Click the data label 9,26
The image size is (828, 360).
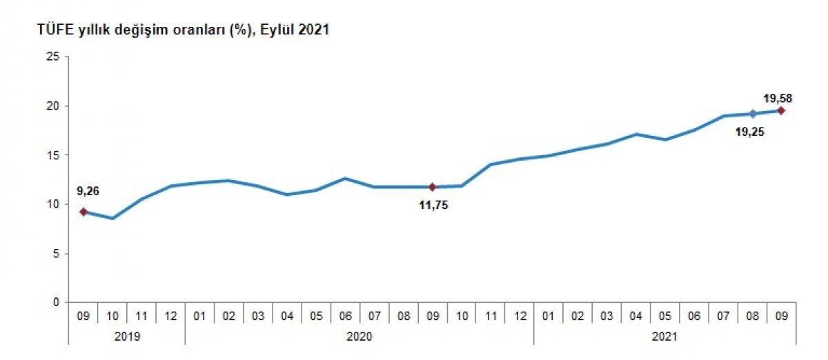coord(88,192)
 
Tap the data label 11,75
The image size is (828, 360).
coord(433,205)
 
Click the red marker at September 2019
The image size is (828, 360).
coord(83,212)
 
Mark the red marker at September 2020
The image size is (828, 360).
coord(432,187)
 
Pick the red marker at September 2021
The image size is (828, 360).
coord(781,110)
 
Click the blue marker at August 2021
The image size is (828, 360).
coord(752,114)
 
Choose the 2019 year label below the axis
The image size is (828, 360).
coord(127,337)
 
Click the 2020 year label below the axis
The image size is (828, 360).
coord(359,337)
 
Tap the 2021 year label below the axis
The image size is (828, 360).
coord(664,337)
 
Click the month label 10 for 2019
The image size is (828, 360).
coord(112,316)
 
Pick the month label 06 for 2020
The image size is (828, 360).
coord(345,316)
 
